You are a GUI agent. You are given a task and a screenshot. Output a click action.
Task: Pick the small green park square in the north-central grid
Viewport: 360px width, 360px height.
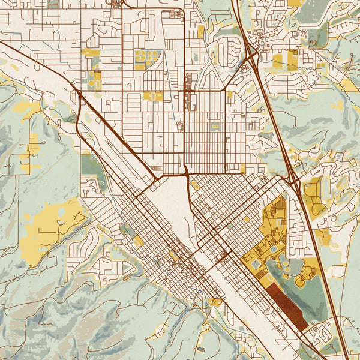pos(214,127)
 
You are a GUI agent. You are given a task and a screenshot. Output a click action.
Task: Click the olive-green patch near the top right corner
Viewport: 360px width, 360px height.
pos(312,12)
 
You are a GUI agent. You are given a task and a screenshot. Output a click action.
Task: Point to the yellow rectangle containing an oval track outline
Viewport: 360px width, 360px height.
pos(154,96)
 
